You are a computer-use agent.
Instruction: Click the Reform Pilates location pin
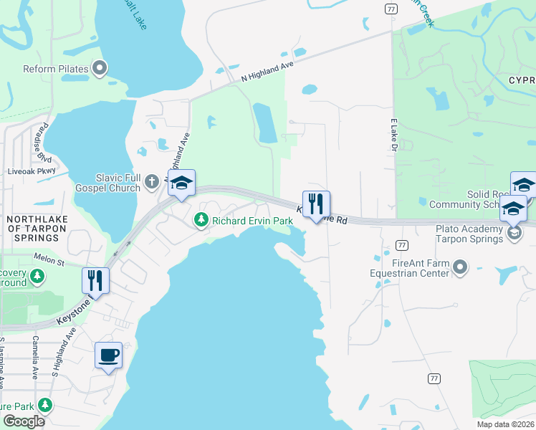coord(100,69)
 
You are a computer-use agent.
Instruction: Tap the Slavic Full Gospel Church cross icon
coord(151,182)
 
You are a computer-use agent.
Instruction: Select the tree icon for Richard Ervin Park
coord(201,220)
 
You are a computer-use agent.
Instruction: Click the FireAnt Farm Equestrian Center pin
coord(460,268)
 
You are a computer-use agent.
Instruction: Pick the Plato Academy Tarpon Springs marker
coord(514,233)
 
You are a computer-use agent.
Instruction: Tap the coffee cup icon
coord(108,355)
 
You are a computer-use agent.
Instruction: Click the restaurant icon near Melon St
coord(95,280)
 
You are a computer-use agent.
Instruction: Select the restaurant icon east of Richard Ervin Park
coord(316,204)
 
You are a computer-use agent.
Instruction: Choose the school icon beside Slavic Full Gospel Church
coord(181,183)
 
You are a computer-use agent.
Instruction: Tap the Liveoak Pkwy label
coord(31,171)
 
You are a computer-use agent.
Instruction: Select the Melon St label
coord(48,256)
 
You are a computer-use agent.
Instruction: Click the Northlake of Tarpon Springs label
coord(33,227)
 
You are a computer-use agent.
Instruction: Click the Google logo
coord(24,421)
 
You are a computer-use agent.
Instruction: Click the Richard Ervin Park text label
coord(252,221)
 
